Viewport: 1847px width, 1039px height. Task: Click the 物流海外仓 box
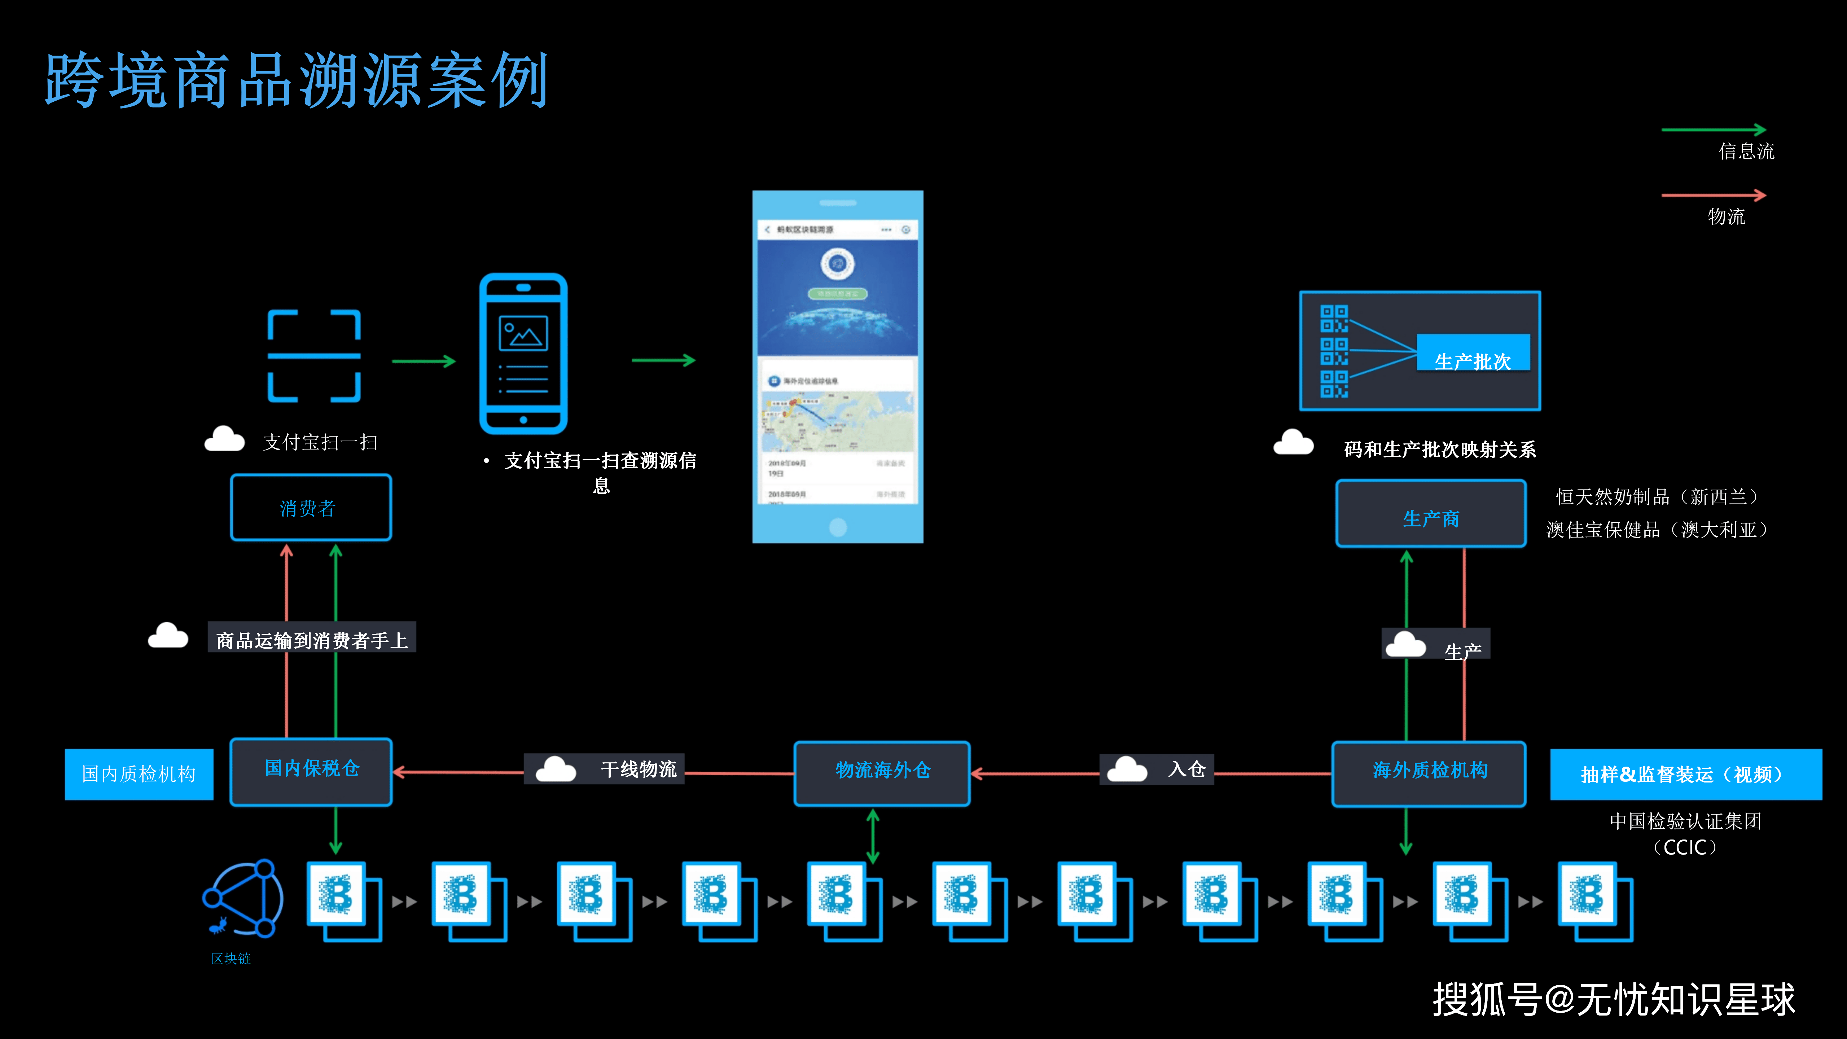[x=882, y=772]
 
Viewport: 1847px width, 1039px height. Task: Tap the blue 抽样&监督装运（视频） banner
[x=1685, y=774]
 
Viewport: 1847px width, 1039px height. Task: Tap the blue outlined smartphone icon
[x=523, y=354]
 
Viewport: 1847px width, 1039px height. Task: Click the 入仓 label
[x=1186, y=770]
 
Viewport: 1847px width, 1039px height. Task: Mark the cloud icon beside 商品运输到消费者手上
[x=168, y=636]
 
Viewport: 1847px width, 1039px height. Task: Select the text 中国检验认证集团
[x=1685, y=821]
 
